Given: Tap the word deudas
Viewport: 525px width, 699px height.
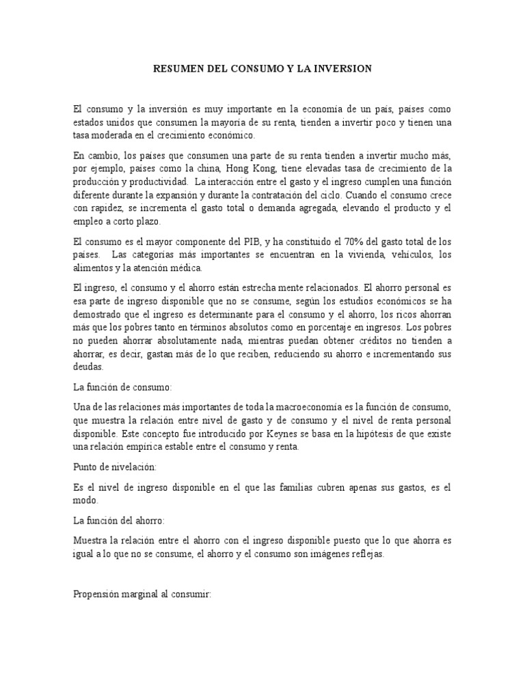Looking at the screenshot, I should (88, 366).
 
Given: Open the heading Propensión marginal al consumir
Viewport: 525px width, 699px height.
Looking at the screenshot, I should (143, 595).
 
